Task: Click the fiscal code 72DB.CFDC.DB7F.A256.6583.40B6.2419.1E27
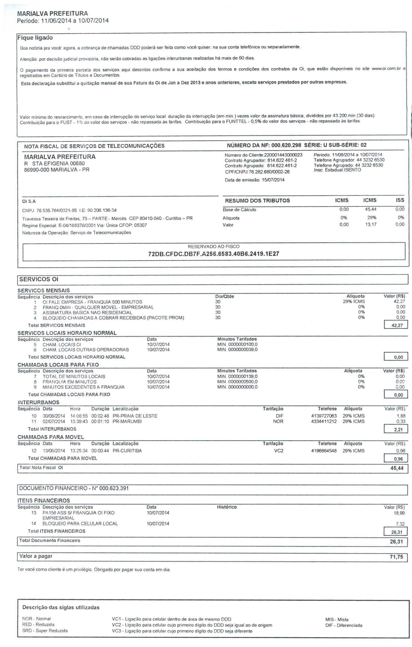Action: click(x=213, y=254)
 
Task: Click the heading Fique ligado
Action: click(x=35, y=38)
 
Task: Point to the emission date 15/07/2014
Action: click(x=273, y=180)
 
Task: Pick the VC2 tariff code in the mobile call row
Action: click(x=278, y=451)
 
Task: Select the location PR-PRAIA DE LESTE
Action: click(x=135, y=416)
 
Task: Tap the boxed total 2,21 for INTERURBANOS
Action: click(x=398, y=430)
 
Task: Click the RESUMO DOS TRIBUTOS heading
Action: click(x=257, y=201)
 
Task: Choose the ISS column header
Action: click(x=400, y=200)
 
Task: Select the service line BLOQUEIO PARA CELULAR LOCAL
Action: click(x=80, y=524)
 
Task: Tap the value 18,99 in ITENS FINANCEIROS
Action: click(x=399, y=513)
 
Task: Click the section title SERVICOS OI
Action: click(x=39, y=279)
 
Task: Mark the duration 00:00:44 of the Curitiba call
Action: click(x=100, y=451)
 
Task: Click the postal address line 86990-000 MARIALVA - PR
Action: click(x=57, y=170)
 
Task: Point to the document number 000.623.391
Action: click(x=114, y=488)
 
